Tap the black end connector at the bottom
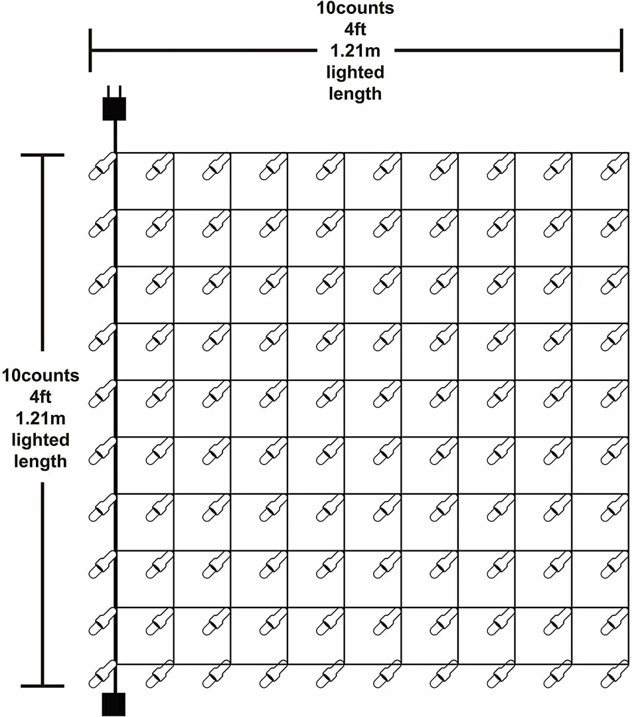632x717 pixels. pos(114,704)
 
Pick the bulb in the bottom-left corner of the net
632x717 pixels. pos(102,674)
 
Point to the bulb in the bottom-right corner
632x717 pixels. pos(614,674)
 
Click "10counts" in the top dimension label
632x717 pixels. pos(355,8)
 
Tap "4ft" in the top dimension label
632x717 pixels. pos(355,29)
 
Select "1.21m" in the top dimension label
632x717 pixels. pos(355,50)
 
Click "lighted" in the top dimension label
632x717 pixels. pos(355,72)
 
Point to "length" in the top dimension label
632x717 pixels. pos(355,94)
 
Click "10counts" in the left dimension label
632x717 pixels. pos(40,375)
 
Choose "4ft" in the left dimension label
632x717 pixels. pos(40,397)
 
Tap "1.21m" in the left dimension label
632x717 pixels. pos(40,418)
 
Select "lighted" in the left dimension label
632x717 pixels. pos(40,440)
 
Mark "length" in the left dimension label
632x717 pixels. pos(40,461)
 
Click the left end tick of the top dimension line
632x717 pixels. pos(90,50)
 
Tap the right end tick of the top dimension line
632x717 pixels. pos(621,50)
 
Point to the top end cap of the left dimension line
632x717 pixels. pos(42,155)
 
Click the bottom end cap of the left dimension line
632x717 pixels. pos(42,686)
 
